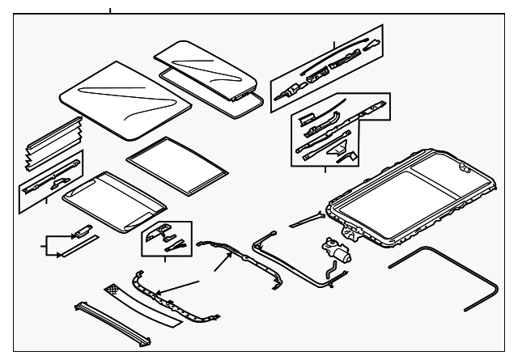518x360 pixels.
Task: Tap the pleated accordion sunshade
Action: coord(53,142)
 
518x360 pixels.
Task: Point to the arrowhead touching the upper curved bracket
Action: coord(218,268)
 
